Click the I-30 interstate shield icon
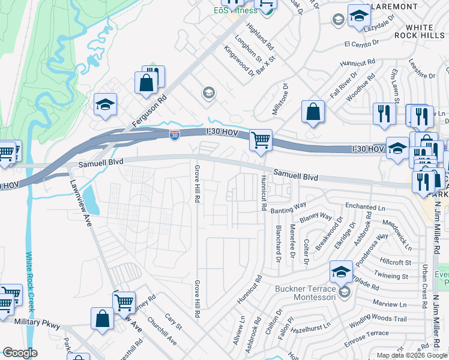[174, 136]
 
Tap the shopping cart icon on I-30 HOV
[261, 141]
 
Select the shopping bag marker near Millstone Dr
[313, 112]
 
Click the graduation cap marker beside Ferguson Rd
[105, 104]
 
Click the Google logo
[20, 353]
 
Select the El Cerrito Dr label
[362, 43]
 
